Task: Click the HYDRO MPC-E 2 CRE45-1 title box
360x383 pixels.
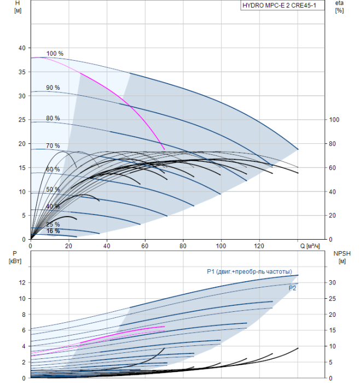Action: click(282, 5)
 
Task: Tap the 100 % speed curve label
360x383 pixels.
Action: click(55, 54)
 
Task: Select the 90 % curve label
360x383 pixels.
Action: click(53, 88)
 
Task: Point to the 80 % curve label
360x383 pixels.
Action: click(53, 118)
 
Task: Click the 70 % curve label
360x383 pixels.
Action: click(53, 146)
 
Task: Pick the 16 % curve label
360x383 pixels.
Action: click(53, 231)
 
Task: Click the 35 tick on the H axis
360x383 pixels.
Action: click(22, 72)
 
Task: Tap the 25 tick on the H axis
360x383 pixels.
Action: click(22, 120)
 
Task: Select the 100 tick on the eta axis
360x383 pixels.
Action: click(334, 120)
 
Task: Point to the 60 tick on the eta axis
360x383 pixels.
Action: click(332, 168)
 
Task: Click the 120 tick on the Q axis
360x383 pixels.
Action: click(259, 246)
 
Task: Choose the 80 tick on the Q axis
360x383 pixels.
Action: click(183, 246)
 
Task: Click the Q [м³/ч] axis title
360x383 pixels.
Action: click(310, 246)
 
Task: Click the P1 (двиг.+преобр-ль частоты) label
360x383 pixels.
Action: click(249, 271)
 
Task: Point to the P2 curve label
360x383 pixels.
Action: click(292, 288)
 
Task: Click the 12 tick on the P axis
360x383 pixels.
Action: click(22, 283)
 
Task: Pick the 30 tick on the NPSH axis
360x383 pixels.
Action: click(332, 283)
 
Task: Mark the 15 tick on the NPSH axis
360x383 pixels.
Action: click(332, 330)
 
